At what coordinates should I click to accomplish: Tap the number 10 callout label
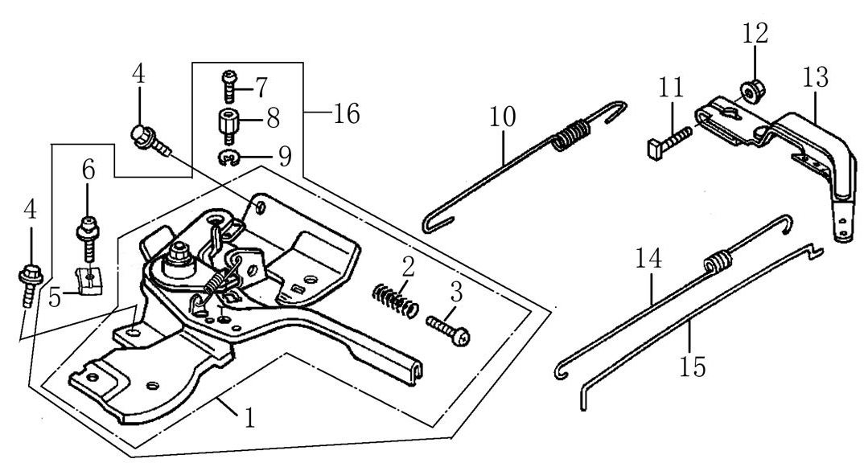point(503,118)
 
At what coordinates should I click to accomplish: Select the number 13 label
point(816,79)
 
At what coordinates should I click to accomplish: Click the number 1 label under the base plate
point(249,418)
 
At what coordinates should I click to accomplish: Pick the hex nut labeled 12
point(753,92)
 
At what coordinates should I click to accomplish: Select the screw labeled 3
point(447,331)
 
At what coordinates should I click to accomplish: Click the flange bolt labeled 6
point(87,236)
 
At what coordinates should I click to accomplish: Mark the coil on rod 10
point(570,134)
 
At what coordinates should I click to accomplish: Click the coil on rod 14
point(714,263)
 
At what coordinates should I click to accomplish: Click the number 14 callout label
point(648,259)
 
